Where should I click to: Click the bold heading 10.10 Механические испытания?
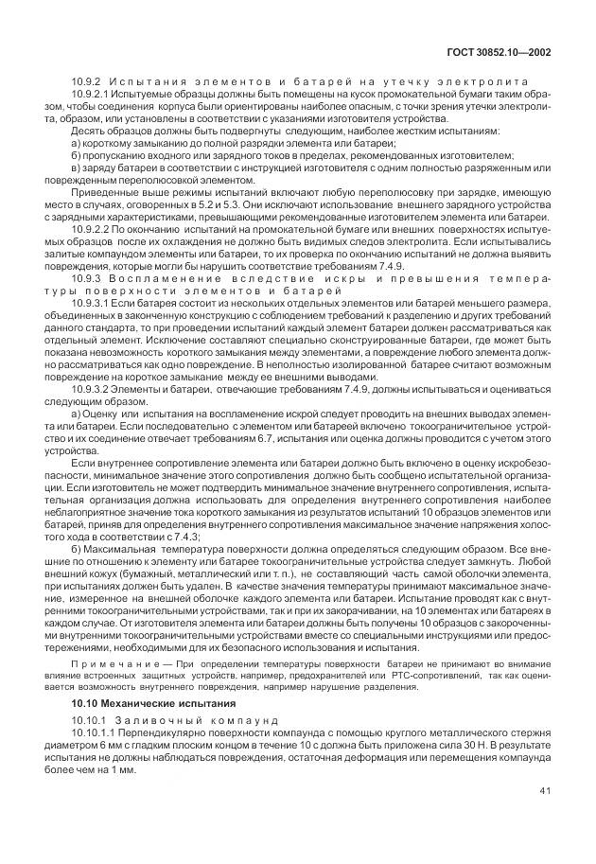pos(138,705)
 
